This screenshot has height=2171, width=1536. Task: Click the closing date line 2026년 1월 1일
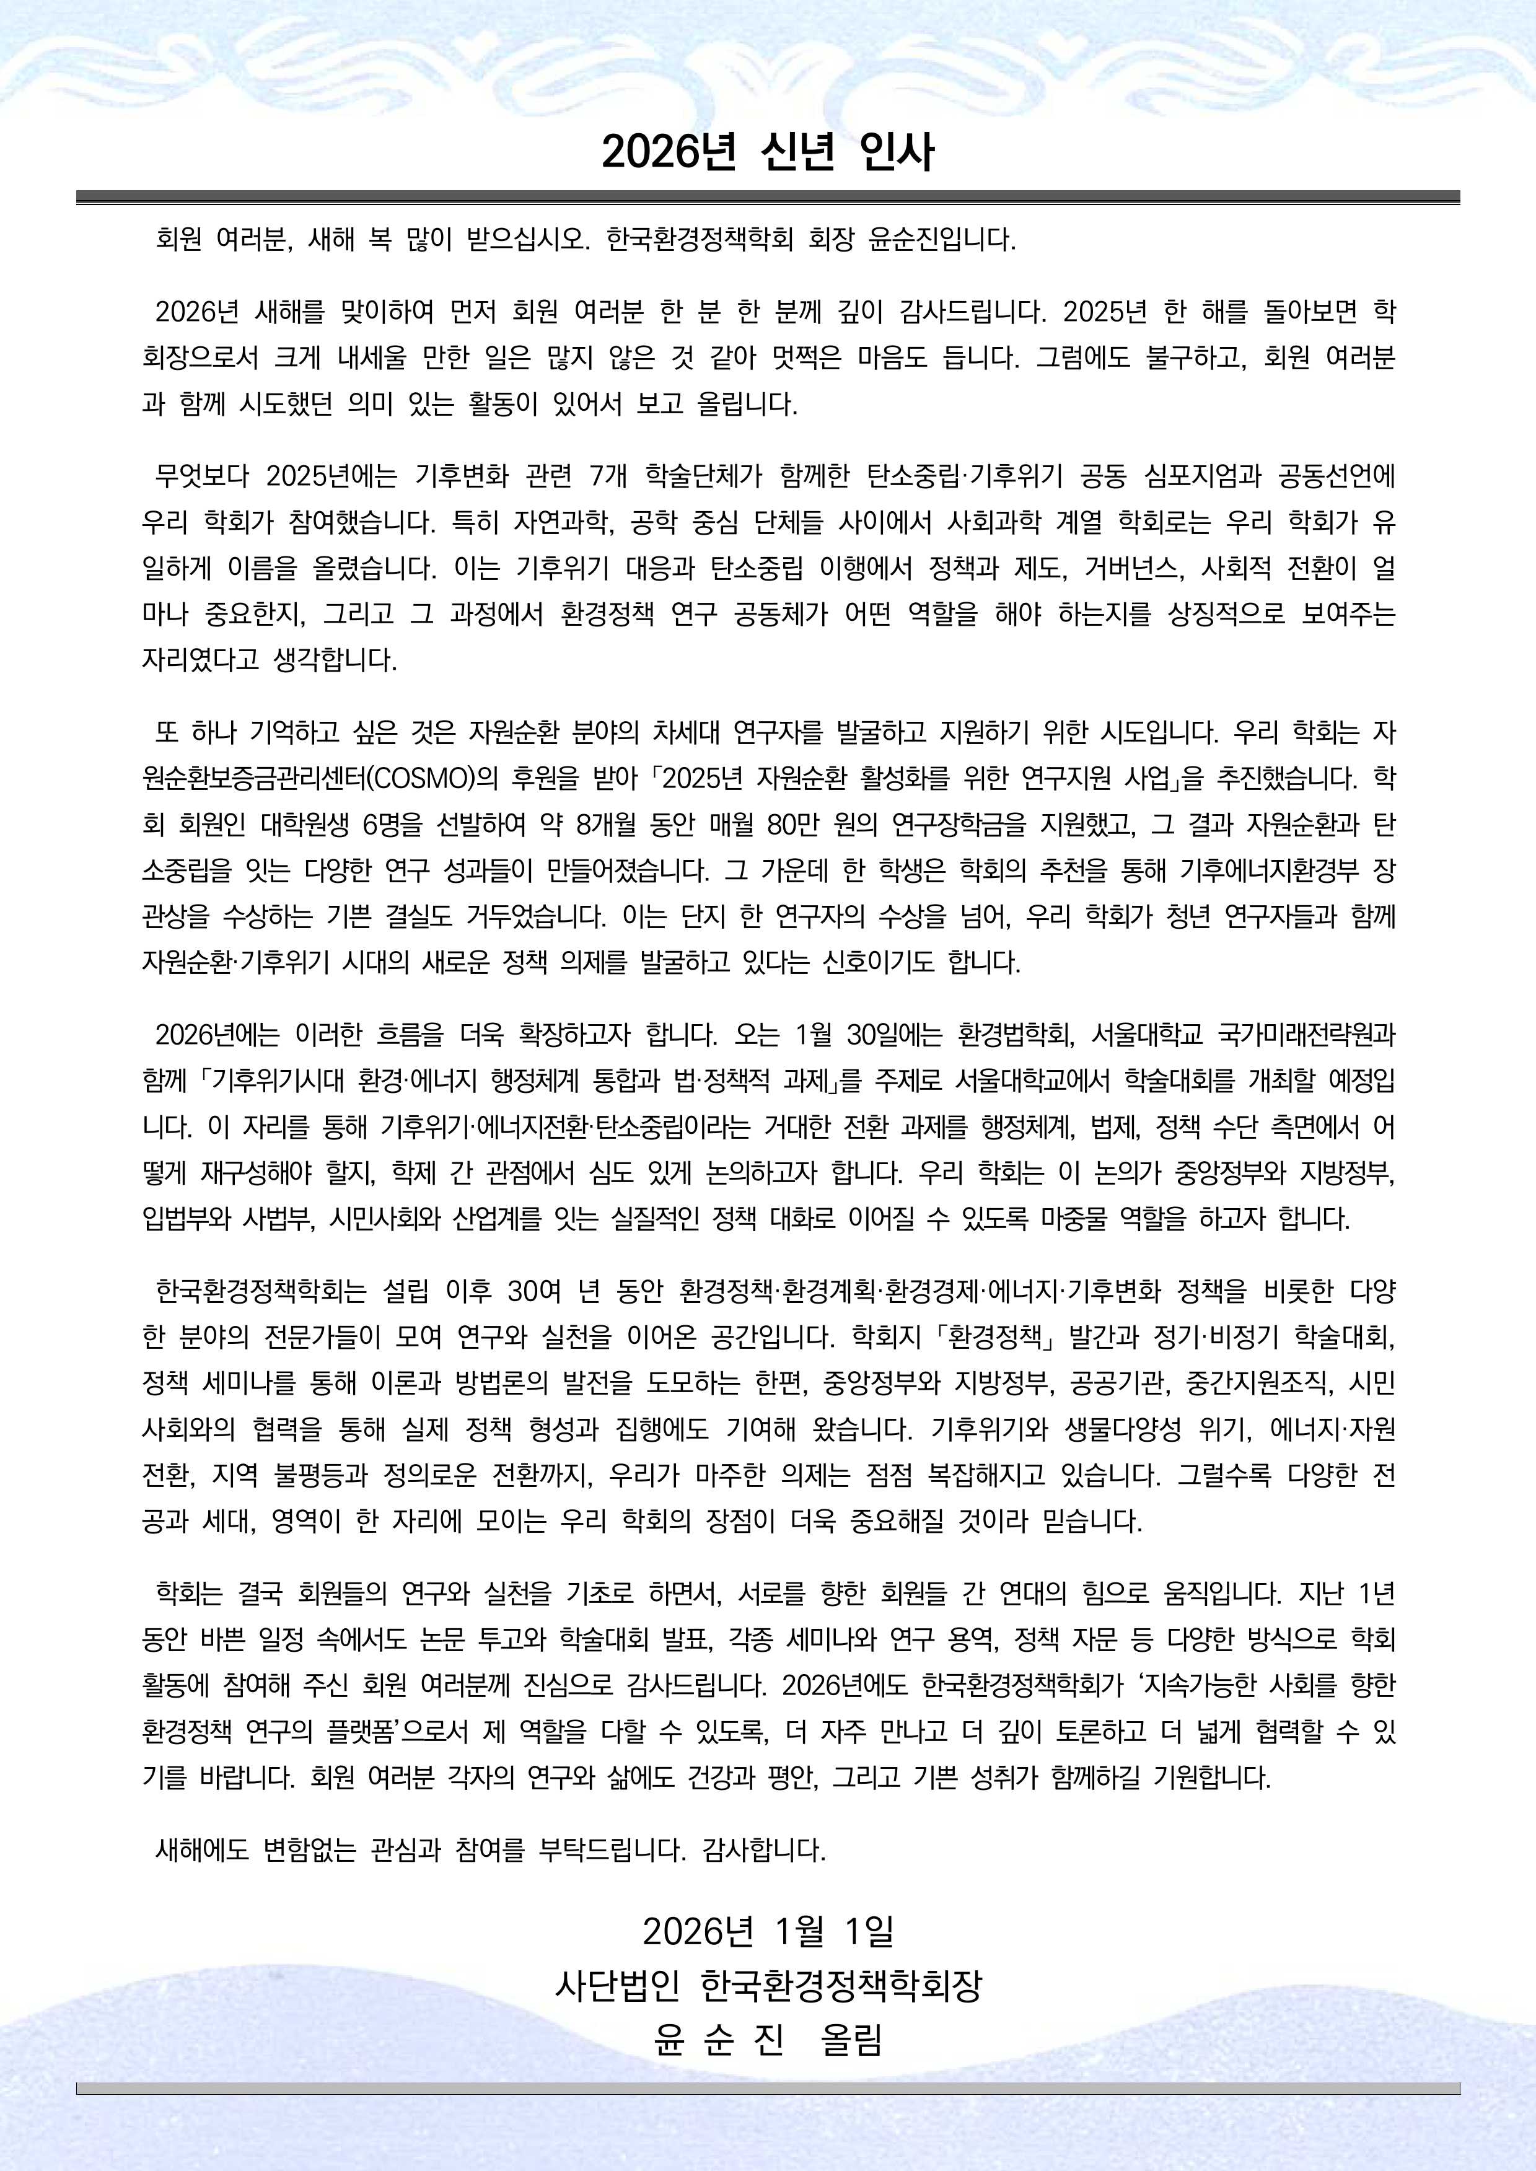(x=768, y=1931)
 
